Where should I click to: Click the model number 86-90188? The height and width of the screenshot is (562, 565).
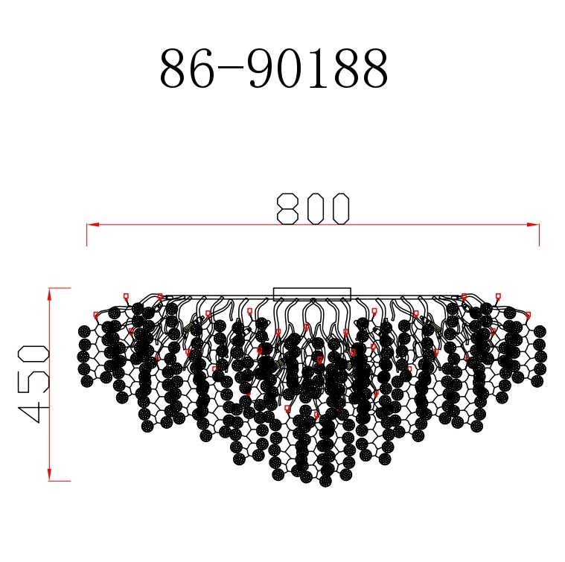(x=274, y=71)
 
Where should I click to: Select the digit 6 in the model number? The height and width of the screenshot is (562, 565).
(x=199, y=71)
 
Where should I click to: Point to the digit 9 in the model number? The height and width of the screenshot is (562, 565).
(x=261, y=71)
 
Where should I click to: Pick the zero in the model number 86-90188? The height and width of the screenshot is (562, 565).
(x=294, y=71)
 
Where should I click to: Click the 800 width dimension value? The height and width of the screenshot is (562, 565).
(x=313, y=208)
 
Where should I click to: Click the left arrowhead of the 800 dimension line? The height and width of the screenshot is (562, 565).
(x=92, y=224)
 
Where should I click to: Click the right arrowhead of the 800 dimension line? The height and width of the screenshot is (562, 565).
(x=534, y=224)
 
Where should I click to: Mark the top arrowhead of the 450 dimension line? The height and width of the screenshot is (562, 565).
(x=50, y=294)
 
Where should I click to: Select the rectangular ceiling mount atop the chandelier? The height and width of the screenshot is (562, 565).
(x=312, y=294)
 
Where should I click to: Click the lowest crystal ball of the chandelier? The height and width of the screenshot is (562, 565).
(x=325, y=481)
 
